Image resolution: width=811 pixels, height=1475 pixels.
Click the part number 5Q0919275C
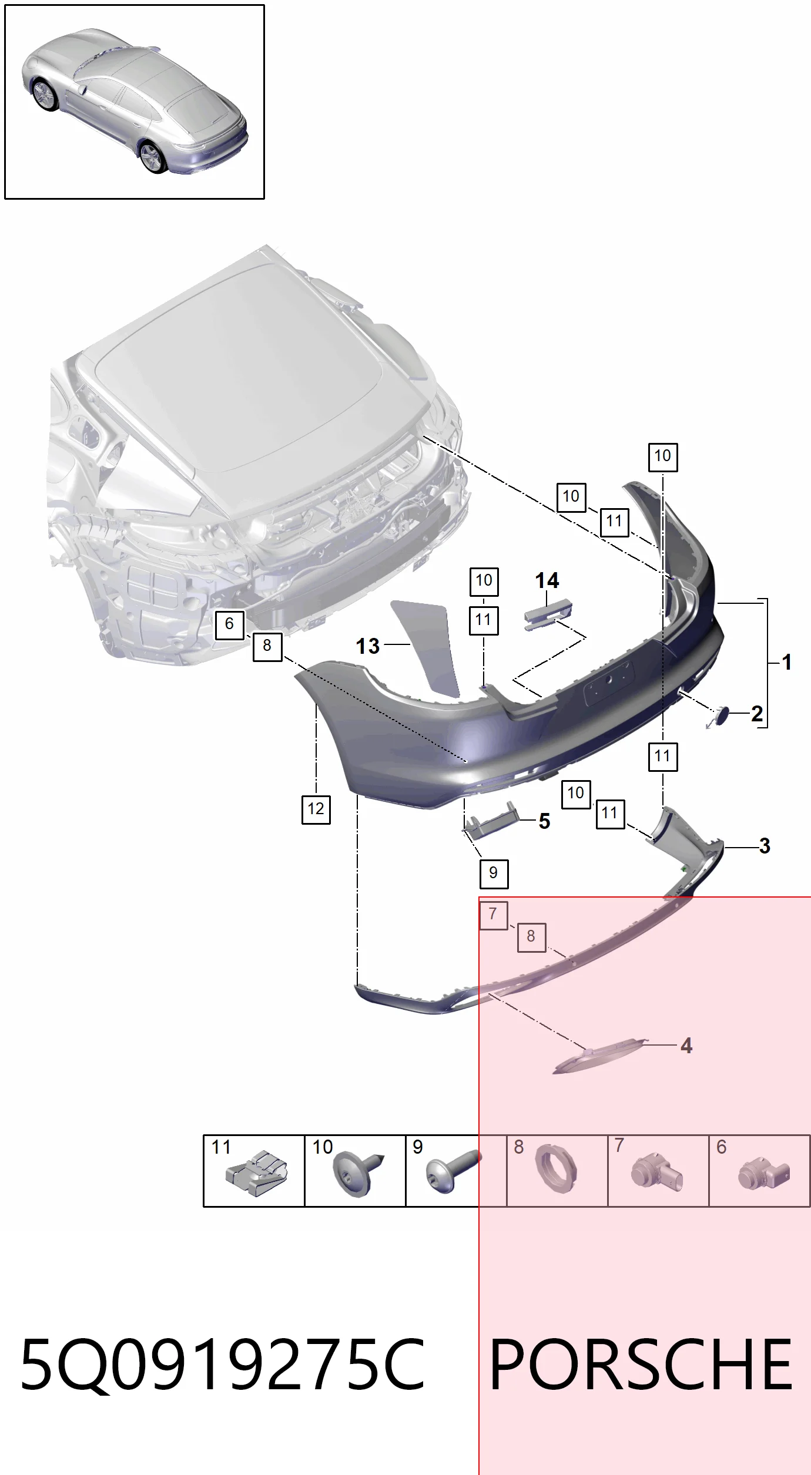[x=222, y=1365]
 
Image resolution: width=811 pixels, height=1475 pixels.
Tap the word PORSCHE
[x=641, y=1365]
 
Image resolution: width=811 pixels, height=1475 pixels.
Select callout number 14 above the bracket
[x=547, y=581]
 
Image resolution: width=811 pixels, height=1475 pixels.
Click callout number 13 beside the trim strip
[x=368, y=646]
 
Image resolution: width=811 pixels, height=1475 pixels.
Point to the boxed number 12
[x=316, y=809]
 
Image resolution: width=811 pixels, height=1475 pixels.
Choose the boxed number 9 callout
[x=494, y=873]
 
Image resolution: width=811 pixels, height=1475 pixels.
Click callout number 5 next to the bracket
[x=545, y=821]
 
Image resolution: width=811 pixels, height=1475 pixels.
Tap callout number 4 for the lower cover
[x=686, y=1046]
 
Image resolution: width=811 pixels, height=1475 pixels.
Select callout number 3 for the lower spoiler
[x=765, y=846]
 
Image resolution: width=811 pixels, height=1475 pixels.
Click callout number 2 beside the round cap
[x=757, y=714]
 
